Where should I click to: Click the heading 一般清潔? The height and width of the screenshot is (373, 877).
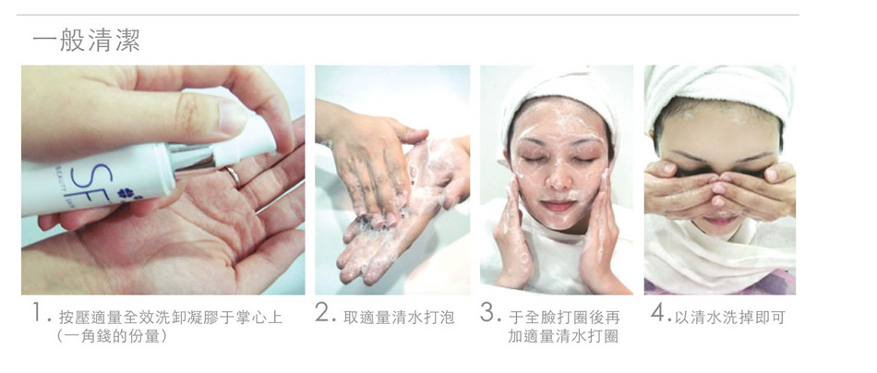(x=86, y=41)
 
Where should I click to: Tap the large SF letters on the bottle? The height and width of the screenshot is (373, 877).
(x=102, y=180)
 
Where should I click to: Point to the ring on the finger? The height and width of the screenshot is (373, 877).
(x=234, y=176)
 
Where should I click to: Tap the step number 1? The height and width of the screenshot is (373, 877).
(x=38, y=313)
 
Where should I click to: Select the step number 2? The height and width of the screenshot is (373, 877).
(x=325, y=313)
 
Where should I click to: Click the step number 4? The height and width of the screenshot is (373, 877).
(x=659, y=313)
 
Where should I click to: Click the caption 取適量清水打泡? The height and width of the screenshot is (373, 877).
(x=400, y=318)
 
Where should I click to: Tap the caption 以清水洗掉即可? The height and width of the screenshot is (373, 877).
(x=730, y=318)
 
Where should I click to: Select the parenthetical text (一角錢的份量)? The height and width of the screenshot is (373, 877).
(x=112, y=336)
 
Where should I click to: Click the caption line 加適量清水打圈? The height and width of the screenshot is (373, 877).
(x=563, y=336)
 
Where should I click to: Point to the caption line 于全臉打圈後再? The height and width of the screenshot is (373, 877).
(x=564, y=318)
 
